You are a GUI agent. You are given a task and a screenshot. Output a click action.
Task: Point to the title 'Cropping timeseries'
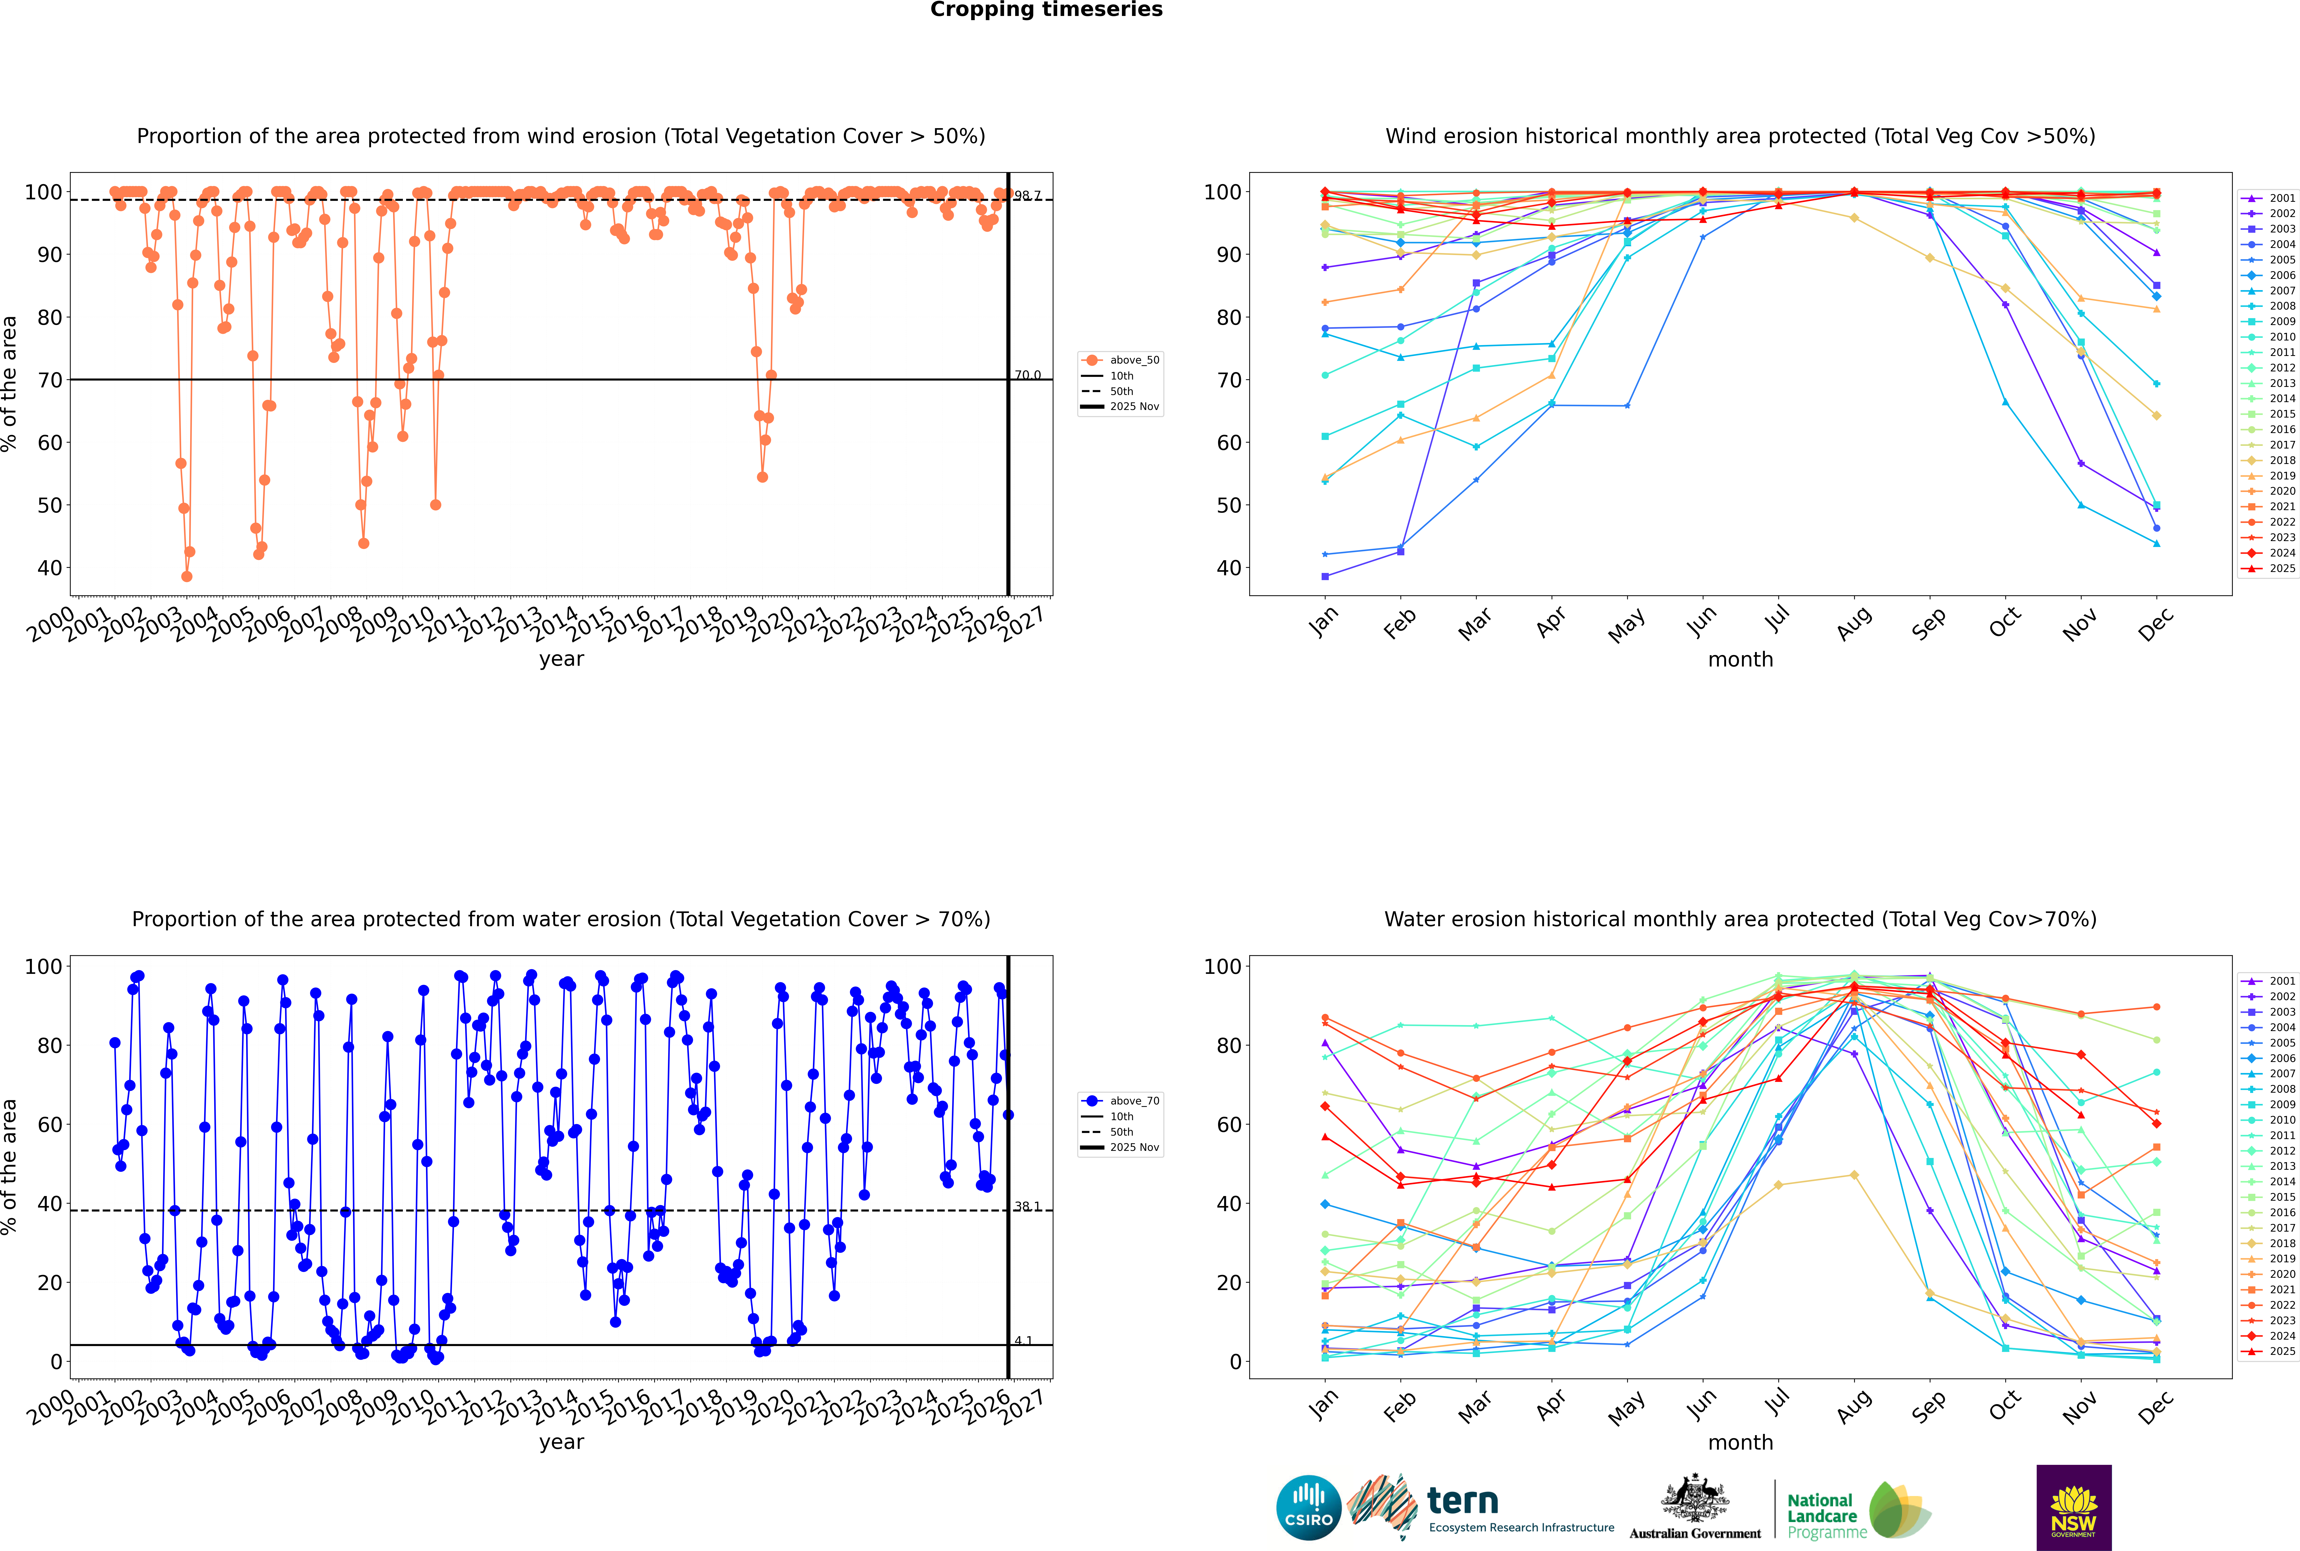pos(1046,10)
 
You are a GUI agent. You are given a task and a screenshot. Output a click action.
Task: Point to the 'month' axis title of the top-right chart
pos(1740,660)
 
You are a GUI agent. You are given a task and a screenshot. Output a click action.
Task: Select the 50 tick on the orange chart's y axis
pos(49,505)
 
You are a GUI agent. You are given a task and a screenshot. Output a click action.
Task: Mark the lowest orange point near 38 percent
pos(187,577)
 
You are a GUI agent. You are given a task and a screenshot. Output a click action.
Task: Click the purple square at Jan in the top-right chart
pos(1325,577)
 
